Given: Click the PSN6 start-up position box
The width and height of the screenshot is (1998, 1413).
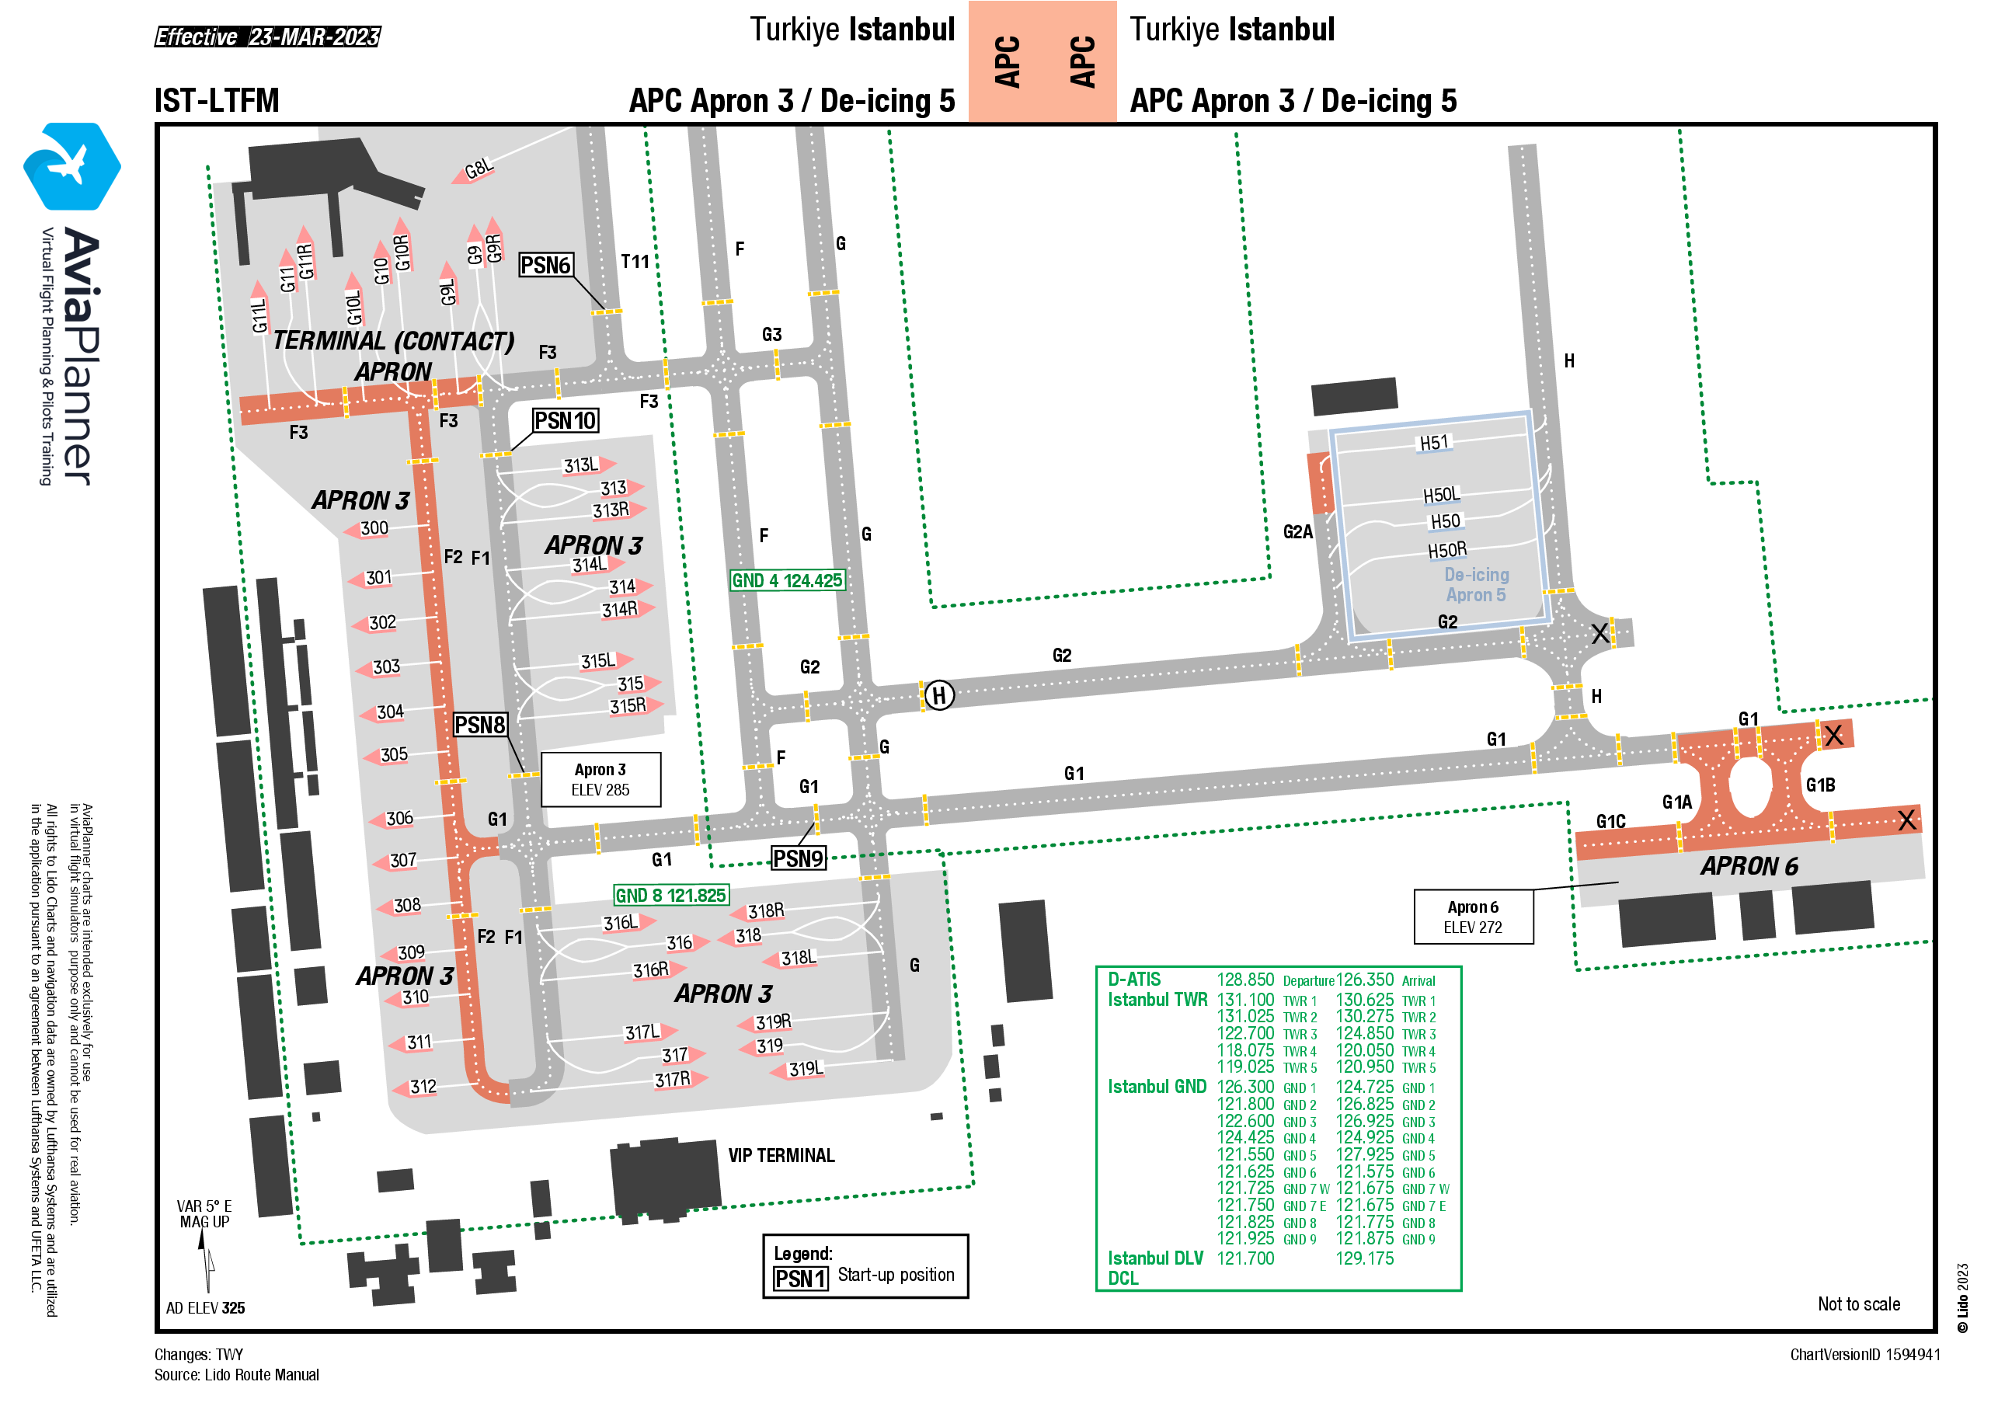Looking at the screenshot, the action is tap(545, 266).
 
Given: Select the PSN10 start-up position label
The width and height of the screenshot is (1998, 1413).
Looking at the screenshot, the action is tap(566, 421).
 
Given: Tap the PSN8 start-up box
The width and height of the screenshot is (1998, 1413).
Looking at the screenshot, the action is tap(480, 725).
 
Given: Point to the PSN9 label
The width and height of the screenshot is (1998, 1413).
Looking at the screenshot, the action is tap(798, 859).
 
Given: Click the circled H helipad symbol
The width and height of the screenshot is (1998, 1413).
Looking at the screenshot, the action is tap(939, 695).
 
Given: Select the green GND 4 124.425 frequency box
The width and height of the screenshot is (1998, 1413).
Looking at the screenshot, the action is tap(788, 580).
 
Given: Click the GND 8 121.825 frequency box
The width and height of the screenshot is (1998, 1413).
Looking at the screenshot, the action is tap(671, 896).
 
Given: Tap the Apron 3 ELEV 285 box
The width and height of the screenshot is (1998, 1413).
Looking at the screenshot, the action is tap(600, 780).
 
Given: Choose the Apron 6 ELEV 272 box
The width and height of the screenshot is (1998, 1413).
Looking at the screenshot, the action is tap(1474, 917).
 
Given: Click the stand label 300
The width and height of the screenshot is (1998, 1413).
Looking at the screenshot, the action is tap(374, 528).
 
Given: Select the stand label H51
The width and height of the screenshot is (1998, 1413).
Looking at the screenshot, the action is tap(1434, 443).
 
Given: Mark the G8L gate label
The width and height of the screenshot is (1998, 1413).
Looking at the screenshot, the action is tap(479, 169).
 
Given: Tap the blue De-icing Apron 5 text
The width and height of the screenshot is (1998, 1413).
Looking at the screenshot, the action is tap(1476, 585).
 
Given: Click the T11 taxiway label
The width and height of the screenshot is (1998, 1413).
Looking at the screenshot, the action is tap(635, 262).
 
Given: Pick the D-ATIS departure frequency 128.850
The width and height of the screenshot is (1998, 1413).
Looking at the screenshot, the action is tap(1245, 980).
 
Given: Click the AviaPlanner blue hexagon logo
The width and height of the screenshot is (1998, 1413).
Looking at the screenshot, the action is tap(72, 166).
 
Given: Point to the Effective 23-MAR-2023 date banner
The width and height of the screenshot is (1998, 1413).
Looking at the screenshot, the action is tap(267, 37).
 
